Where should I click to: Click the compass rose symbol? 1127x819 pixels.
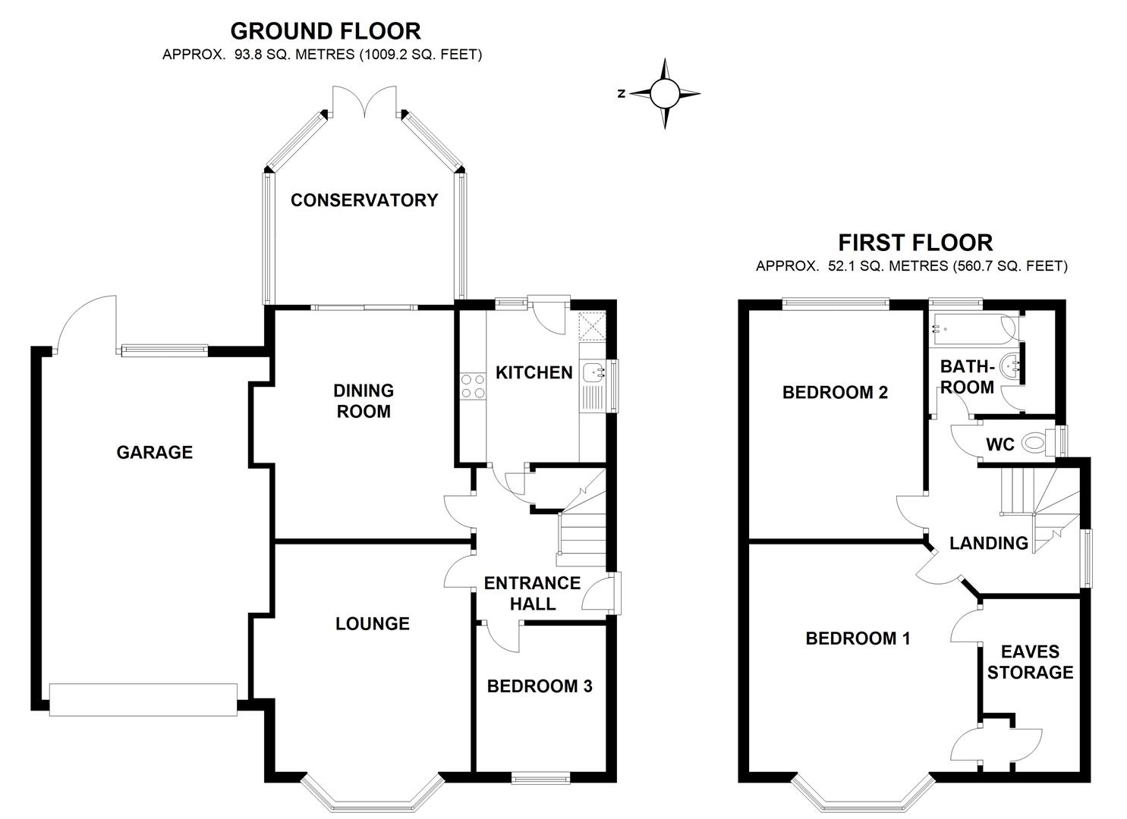[665, 94]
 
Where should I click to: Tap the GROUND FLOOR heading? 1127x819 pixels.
[325, 31]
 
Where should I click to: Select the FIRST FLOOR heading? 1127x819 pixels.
[915, 243]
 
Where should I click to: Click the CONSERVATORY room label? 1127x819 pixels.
[364, 200]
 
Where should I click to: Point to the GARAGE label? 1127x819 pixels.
[155, 453]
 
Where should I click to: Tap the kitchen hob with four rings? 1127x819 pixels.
[473, 386]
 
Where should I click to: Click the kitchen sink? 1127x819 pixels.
[593, 372]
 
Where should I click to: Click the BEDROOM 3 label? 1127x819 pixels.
[540, 686]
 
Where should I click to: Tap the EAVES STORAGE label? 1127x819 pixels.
[1030, 662]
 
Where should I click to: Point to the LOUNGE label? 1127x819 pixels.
[373, 623]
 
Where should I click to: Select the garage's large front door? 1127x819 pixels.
[143, 698]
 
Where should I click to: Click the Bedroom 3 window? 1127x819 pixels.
[540, 777]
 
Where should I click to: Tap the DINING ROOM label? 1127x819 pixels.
[364, 401]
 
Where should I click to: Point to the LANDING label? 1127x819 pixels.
[989, 543]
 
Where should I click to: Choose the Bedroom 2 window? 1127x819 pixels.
[836, 304]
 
